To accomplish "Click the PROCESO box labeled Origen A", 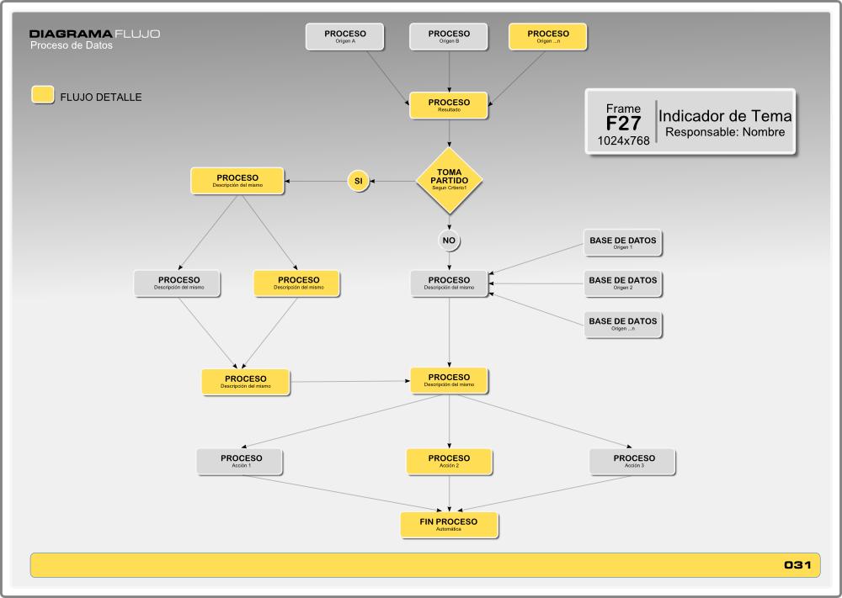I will [345, 37].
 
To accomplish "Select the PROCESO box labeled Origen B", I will [449, 37].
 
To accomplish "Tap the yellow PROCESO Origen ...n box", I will [548, 37].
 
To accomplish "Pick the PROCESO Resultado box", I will [449, 105].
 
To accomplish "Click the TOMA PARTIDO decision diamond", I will [449, 180].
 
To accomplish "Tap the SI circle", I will [358, 181].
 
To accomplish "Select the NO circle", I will [449, 241].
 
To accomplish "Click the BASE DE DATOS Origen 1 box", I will [623, 244].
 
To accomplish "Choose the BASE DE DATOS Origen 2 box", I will [623, 283].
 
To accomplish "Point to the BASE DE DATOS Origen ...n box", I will [623, 325].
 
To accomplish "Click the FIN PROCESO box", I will [449, 525].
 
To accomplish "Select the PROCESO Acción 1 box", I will [242, 462].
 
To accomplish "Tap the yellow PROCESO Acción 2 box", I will [449, 462].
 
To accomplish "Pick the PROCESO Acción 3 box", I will [634, 462].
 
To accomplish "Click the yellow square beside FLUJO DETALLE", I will [43, 95].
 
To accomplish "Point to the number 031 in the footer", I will [797, 565].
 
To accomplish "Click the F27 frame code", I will [623, 124].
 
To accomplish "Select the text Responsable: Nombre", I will [725, 132].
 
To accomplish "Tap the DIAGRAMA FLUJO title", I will [94, 34].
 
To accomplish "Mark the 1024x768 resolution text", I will [623, 140].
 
